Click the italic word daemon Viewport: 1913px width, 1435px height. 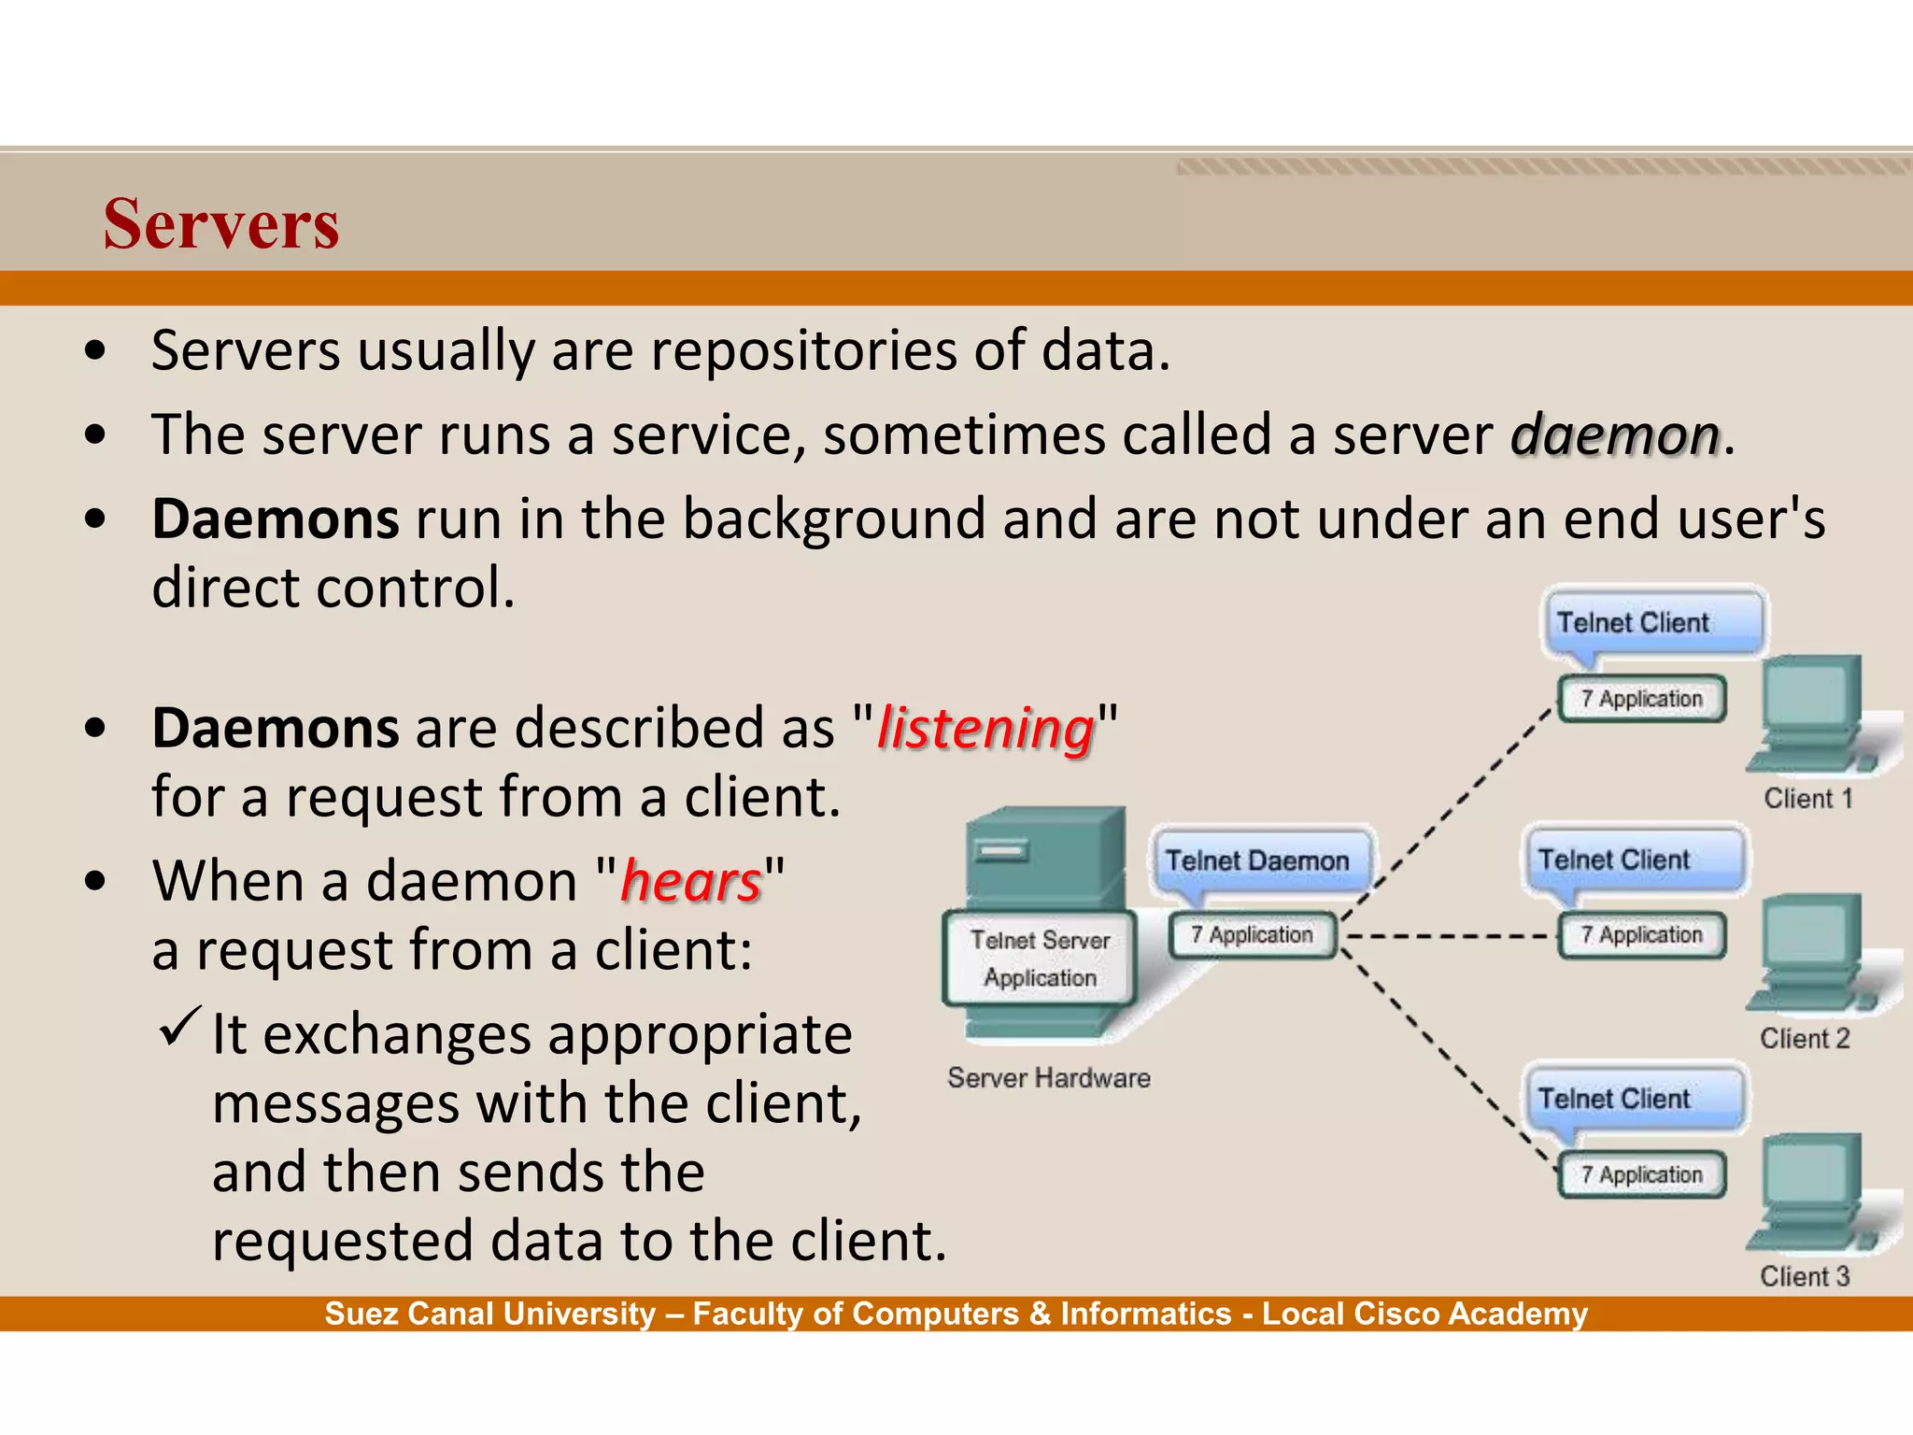coord(1615,435)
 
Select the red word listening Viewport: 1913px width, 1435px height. coord(985,729)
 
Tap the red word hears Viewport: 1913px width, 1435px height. coord(691,882)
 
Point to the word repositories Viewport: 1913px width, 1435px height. coord(803,351)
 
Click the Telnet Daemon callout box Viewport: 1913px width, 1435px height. coord(1257,860)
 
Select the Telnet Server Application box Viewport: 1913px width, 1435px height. coord(1040,959)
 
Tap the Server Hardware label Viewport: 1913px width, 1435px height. coord(1049,1078)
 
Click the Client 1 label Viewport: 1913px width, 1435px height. coord(1807,799)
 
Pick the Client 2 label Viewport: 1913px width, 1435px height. coord(1805,1039)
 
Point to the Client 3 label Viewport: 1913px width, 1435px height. coord(1805,1277)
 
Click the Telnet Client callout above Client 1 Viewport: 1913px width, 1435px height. coord(1633,623)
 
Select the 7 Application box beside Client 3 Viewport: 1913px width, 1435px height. coord(1642,1174)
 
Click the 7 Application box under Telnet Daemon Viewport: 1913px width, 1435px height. coord(1252,935)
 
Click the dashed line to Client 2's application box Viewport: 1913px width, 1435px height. coord(1448,935)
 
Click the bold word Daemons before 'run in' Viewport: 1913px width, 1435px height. coord(276,519)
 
